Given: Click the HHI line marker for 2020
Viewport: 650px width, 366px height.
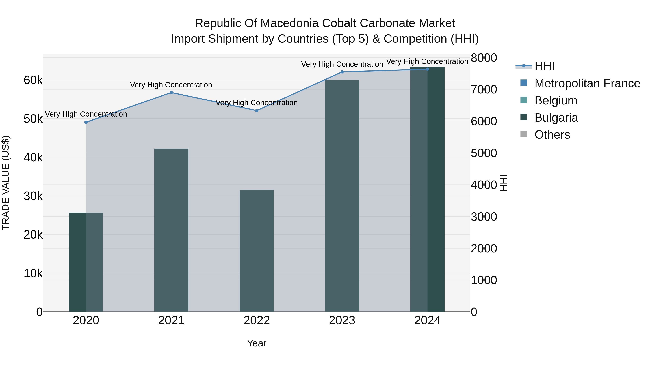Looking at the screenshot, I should (x=86, y=122).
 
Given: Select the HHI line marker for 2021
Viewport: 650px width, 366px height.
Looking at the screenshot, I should (x=171, y=93).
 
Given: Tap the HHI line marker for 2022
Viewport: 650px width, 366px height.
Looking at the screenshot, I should (x=257, y=111).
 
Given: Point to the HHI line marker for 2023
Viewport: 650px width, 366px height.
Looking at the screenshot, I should (x=342, y=72).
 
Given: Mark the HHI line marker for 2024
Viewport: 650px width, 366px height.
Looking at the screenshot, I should (x=427, y=69).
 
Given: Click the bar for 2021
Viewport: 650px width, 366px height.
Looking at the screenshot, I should (x=171, y=230).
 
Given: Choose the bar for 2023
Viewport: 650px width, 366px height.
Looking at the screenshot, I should (x=342, y=196).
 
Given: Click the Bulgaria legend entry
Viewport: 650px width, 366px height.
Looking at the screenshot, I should (x=556, y=118).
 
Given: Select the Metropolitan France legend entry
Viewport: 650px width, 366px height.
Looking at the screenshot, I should (x=587, y=83).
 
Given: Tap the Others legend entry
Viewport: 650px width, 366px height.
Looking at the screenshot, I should (x=552, y=135).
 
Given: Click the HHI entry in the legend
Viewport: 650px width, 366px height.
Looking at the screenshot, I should (x=544, y=66).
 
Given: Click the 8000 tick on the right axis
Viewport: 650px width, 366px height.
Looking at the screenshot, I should (x=484, y=58).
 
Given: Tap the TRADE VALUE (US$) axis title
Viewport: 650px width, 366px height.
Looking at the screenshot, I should (x=6, y=183).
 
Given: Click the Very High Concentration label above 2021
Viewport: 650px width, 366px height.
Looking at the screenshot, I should (x=171, y=85).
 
